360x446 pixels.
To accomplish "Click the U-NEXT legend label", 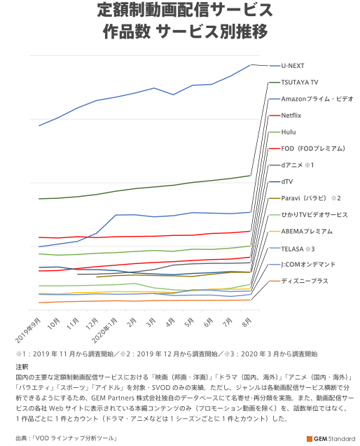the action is pos(293,66).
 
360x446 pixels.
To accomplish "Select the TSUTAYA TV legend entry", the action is pos(299,83).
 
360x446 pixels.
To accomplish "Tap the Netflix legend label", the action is pos(291,116).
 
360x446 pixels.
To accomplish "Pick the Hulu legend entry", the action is pos(289,132).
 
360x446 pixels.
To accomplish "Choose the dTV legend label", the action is pos(287,181).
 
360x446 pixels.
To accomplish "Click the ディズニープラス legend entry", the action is pos(305,281).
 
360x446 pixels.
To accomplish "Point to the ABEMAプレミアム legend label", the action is pos(307,231).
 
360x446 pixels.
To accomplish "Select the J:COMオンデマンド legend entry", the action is pos(308,265).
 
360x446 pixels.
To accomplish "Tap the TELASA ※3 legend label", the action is pos(298,249).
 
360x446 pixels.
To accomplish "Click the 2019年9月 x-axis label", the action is pos(27,330).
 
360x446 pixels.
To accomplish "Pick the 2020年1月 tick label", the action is pos(105,330).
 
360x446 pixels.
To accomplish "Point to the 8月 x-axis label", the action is pos(247,323).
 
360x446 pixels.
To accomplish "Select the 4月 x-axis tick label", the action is pos(170,323).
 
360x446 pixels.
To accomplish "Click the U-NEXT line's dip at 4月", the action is pos(173,95).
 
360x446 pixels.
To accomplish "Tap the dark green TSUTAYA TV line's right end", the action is pos(250,176).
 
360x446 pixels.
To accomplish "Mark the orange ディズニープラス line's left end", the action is pos(39,302).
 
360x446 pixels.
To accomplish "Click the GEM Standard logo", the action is pos(331,438).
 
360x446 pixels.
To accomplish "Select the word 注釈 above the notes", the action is pos(22,367).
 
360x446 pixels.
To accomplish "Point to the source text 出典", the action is pos(22,438).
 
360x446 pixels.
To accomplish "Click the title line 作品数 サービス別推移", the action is pos(186,32).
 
